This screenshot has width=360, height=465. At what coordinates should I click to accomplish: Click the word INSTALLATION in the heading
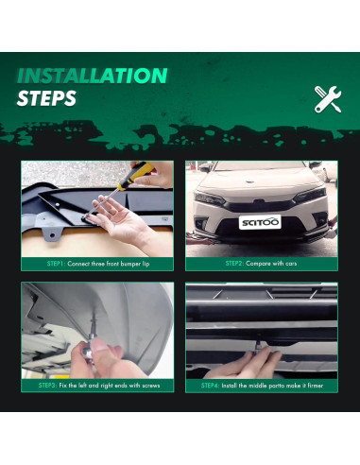(93, 76)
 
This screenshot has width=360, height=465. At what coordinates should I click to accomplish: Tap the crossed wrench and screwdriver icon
(327, 97)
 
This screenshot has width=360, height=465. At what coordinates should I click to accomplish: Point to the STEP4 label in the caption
(212, 386)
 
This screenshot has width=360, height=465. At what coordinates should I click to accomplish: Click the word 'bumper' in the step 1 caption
(128, 264)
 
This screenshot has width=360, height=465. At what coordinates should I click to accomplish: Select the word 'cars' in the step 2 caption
(289, 264)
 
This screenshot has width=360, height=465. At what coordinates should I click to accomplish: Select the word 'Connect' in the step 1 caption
(83, 264)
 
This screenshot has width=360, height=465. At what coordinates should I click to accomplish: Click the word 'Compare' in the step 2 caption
(261, 264)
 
